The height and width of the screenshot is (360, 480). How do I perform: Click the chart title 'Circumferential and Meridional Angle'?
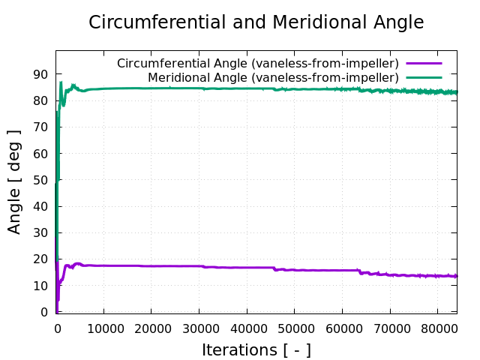point(256,22)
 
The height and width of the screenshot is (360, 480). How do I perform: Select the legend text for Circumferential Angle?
point(257,63)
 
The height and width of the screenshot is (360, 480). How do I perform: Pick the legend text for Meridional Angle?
point(273,77)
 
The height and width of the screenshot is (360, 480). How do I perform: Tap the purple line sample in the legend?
point(424,63)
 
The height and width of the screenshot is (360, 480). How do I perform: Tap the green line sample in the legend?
point(424,77)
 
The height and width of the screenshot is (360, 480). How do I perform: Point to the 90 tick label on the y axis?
point(41,74)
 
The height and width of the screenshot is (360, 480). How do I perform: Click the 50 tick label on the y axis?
point(41,180)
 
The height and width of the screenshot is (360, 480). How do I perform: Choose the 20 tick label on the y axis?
point(41,259)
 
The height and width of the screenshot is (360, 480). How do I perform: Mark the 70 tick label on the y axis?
point(41,127)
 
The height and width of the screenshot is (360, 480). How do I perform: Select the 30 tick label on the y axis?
point(41,233)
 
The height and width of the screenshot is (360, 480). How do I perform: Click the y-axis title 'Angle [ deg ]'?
point(14,181)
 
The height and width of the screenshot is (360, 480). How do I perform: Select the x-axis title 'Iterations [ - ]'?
point(256,349)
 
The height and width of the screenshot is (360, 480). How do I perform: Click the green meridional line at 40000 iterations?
point(247,88)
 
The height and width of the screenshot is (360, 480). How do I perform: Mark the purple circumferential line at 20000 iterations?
point(151,266)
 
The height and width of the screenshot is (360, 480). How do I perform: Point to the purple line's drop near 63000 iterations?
point(359,271)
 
